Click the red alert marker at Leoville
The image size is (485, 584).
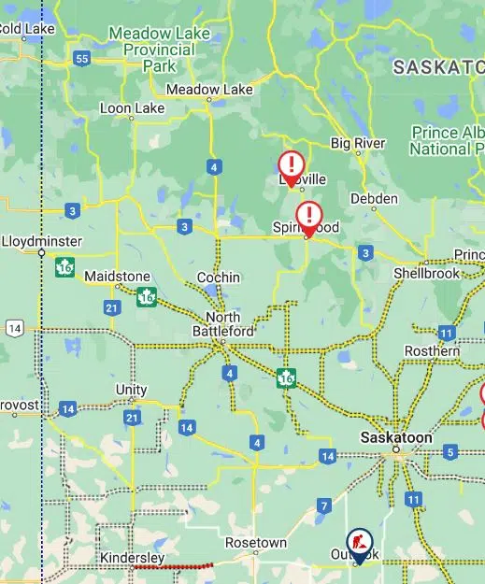click(x=291, y=167)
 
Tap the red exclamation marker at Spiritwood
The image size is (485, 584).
click(x=308, y=217)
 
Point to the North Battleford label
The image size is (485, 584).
click(x=222, y=324)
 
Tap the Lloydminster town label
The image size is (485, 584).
click(x=42, y=241)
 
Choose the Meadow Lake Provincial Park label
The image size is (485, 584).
click(x=160, y=50)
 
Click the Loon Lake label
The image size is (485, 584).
click(x=132, y=108)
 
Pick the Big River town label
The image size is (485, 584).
click(x=358, y=143)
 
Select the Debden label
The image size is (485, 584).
click(x=374, y=198)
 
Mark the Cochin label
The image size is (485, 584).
click(x=219, y=278)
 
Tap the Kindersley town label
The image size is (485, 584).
click(x=132, y=558)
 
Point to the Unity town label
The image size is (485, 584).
click(x=132, y=390)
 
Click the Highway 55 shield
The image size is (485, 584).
click(x=82, y=59)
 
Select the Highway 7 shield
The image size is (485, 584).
click(x=324, y=506)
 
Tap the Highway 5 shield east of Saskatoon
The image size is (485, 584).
click(x=450, y=452)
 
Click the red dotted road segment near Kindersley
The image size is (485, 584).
click(x=173, y=565)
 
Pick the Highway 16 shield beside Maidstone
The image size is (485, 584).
click(x=146, y=297)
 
